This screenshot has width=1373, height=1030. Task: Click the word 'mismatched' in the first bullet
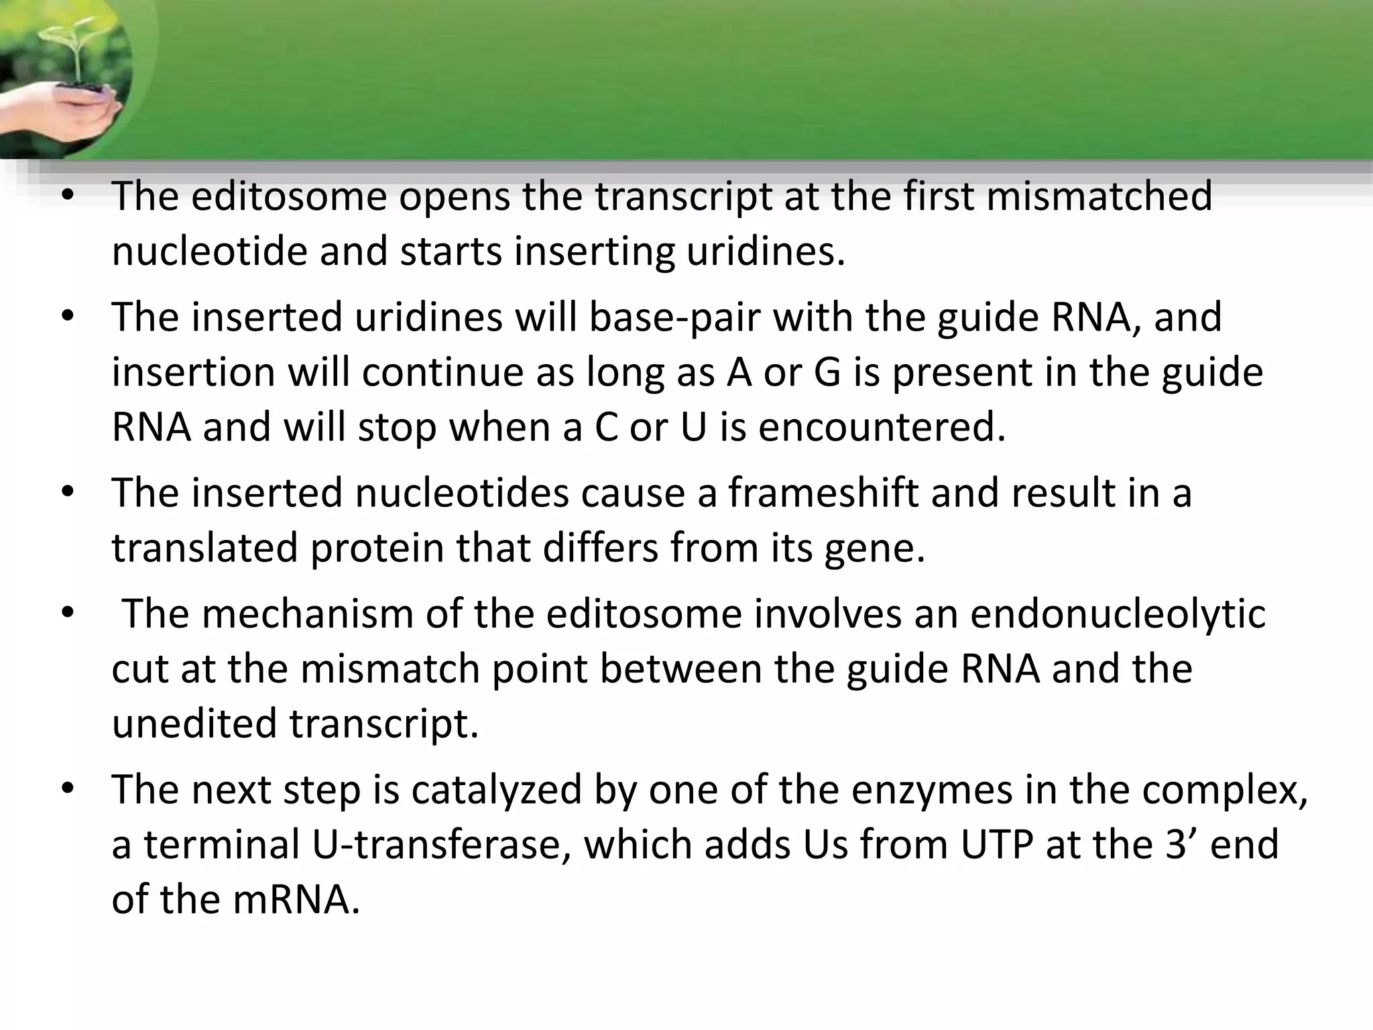click(1099, 196)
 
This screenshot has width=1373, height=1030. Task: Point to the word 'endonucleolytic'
click(1118, 614)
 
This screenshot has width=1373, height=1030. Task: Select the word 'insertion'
click(193, 372)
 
